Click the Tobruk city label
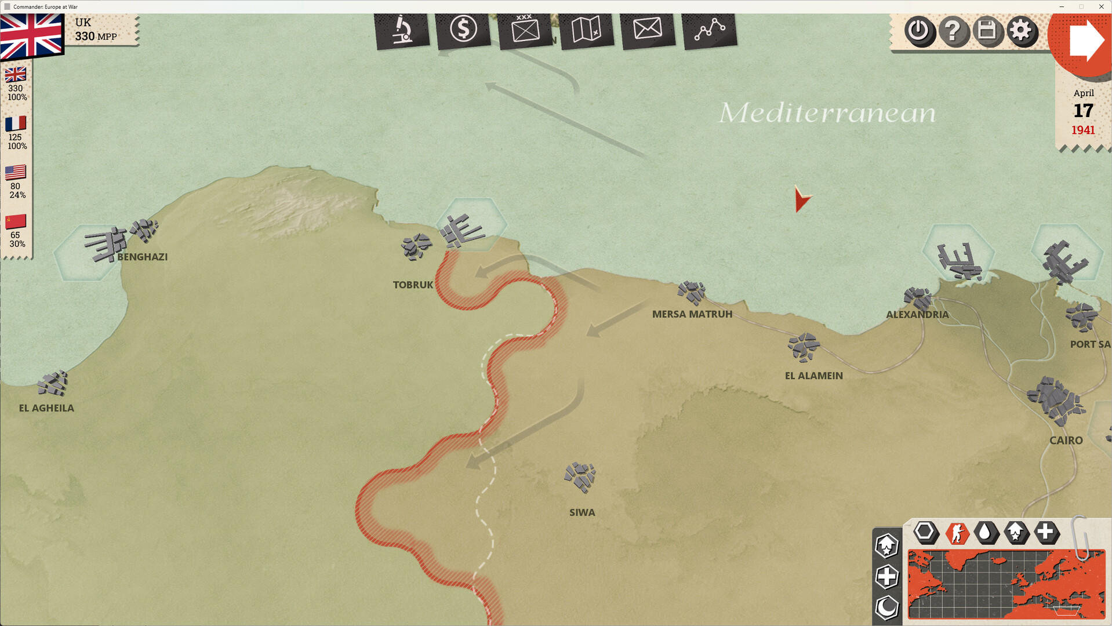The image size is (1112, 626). [x=413, y=285]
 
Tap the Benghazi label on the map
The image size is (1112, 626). [x=142, y=257]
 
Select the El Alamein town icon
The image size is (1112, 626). [x=803, y=347]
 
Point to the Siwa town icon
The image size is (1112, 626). [x=580, y=477]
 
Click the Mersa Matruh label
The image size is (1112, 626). [x=692, y=314]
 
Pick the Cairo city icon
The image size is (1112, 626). [x=1055, y=401]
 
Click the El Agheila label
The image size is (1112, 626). [x=46, y=408]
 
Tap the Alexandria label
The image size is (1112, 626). [x=917, y=315]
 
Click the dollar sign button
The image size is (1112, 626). [x=463, y=29]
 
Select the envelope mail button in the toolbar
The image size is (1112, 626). [x=647, y=28]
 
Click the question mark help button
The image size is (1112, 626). [x=953, y=31]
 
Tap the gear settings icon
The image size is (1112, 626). [x=1021, y=31]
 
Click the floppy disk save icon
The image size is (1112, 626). [x=987, y=31]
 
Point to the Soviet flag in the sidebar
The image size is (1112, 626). [x=16, y=221]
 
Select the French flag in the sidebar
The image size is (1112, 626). [x=16, y=123]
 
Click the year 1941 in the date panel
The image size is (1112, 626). [x=1082, y=130]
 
